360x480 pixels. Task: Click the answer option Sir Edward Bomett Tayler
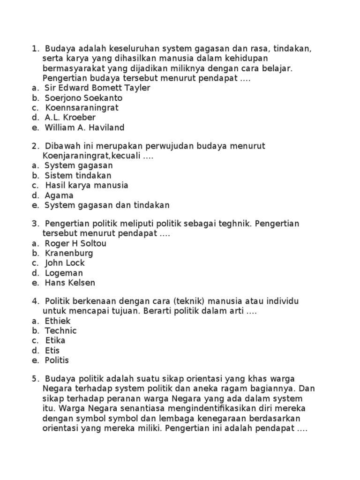pyautogui.click(x=97, y=88)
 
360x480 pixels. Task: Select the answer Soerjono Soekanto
pyautogui.click(x=83, y=98)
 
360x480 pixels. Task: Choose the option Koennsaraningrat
pyautogui.click(x=82, y=108)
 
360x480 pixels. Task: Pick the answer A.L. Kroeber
pyautogui.click(x=70, y=118)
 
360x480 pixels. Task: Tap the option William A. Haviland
pyautogui.click(x=84, y=127)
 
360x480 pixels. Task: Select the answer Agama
pyautogui.click(x=59, y=195)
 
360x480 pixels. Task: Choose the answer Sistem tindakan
pyautogui.click(x=78, y=176)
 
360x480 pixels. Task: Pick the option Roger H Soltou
pyautogui.click(x=75, y=244)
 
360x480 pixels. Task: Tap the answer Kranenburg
pyautogui.click(x=69, y=254)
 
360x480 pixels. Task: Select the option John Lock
pyautogui.click(x=65, y=263)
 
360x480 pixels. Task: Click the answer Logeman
pyautogui.click(x=64, y=273)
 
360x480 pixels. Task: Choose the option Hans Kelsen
pyautogui.click(x=70, y=283)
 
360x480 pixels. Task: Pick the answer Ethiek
pyautogui.click(x=58, y=322)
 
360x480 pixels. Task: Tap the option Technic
pyautogui.click(x=60, y=331)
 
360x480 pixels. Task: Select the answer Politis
pyautogui.click(x=57, y=360)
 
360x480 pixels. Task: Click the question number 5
pyautogui.click(x=34, y=379)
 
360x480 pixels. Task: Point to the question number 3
pyautogui.click(x=34, y=224)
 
